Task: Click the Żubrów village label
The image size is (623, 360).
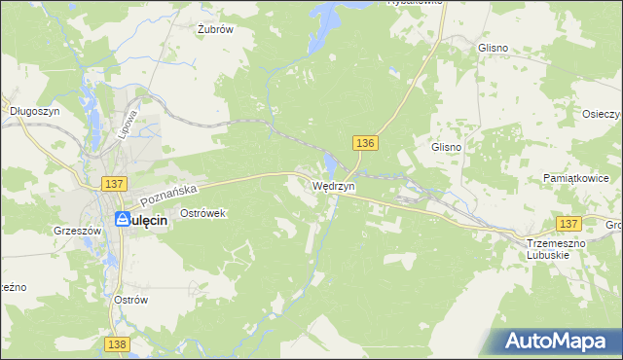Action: click(x=215, y=29)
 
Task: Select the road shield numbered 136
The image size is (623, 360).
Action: click(x=364, y=143)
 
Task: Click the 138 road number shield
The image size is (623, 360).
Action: click(x=117, y=344)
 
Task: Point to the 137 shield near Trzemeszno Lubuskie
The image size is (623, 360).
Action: click(x=568, y=224)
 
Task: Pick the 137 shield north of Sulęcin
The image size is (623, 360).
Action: click(x=114, y=184)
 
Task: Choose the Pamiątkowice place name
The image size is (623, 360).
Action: click(x=575, y=180)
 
